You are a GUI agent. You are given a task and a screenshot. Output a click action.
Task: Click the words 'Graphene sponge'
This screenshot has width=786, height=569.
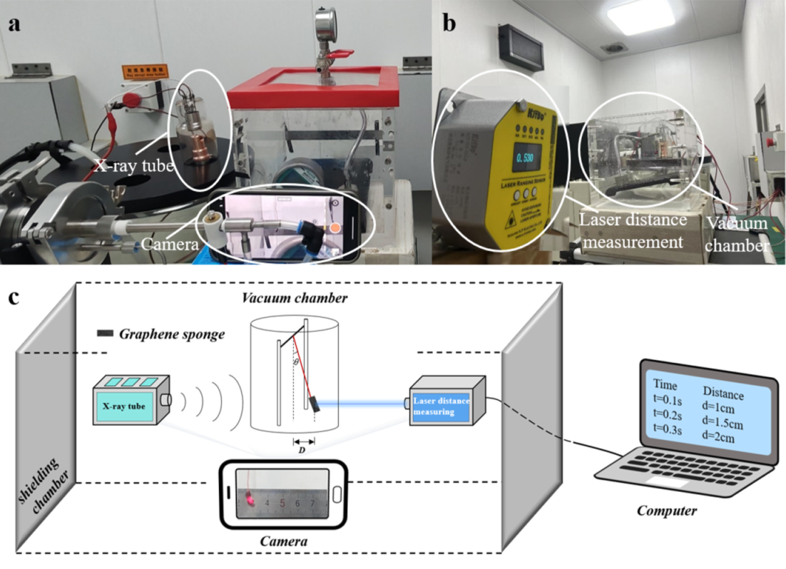click(168, 333)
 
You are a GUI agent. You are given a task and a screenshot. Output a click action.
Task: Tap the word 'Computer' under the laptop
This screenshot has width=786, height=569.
click(666, 510)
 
